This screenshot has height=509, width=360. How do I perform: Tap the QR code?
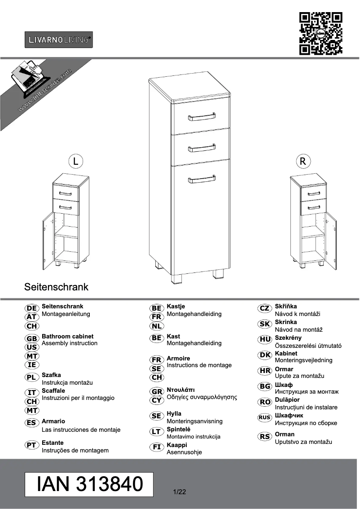tap(320, 34)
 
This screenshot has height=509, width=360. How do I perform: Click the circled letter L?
tap(76, 161)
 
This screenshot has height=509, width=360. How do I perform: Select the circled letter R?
tap(303, 161)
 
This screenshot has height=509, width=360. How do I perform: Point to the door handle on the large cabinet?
tap(202, 180)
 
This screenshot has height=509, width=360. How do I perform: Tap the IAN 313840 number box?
tap(89, 484)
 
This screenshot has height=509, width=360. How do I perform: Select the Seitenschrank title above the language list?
tap(56, 286)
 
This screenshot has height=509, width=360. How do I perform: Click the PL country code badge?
tap(31, 377)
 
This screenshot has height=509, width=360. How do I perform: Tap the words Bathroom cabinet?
tap(67, 336)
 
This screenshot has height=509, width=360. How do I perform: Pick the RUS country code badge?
tap(264, 417)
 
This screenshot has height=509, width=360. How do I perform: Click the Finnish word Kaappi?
tap(176, 445)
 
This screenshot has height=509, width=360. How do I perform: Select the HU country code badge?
tap(264, 339)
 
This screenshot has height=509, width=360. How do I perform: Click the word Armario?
tap(53, 421)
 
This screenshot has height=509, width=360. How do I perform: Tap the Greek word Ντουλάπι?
tap(180, 390)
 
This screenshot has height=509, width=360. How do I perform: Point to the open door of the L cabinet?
tap(48, 241)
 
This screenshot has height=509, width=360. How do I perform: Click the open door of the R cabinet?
tap(331, 241)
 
